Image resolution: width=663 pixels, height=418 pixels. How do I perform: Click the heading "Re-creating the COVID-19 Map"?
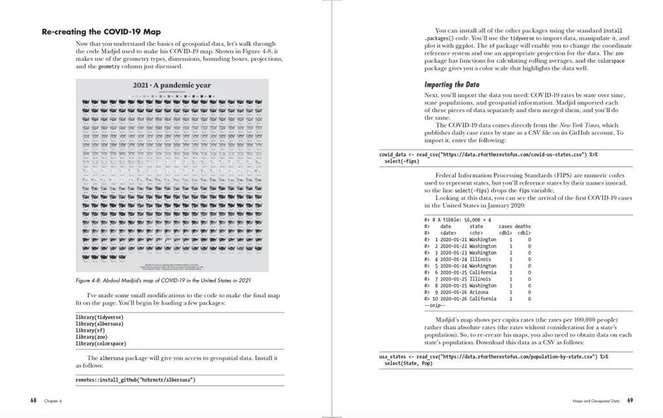click(101, 32)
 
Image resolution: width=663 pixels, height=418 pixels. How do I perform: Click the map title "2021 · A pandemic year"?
click(172, 86)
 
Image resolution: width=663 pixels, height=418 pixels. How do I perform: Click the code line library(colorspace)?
click(101, 343)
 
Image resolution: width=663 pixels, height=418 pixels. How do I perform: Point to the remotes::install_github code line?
click(135, 380)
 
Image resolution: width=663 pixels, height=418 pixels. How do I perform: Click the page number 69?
click(629, 401)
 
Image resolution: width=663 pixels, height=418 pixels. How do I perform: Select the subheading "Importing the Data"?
click(452, 84)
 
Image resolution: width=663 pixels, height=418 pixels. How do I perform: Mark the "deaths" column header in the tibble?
click(523, 226)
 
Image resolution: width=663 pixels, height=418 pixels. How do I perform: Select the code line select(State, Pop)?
click(408, 363)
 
